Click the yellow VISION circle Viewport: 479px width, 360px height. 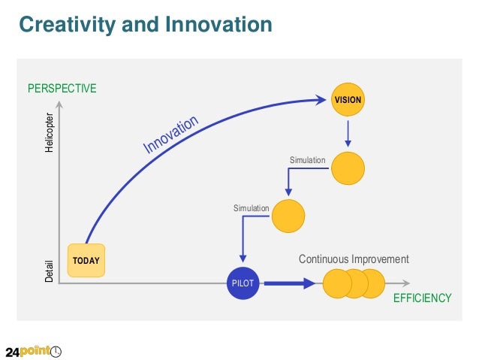pyautogui.click(x=348, y=99)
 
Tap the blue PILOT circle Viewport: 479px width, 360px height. pyautogui.click(x=243, y=283)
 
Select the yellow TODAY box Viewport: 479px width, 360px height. pyautogui.click(x=86, y=261)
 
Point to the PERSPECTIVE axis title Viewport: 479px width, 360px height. pyautogui.click(x=62, y=89)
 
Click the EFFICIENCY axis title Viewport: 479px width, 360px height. pyautogui.click(x=422, y=298)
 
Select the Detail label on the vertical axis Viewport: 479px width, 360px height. pyautogui.click(x=50, y=271)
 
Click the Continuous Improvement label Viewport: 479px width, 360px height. pyautogui.click(x=354, y=259)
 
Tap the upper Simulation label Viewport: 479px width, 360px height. pyautogui.click(x=307, y=161)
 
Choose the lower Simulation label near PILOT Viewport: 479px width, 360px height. pyautogui.click(x=251, y=208)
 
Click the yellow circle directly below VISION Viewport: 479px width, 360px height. pyautogui.click(x=348, y=168)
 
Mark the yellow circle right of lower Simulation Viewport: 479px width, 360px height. pyautogui.click(x=288, y=216)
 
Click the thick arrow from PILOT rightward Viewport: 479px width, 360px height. pyautogui.click(x=290, y=283)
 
